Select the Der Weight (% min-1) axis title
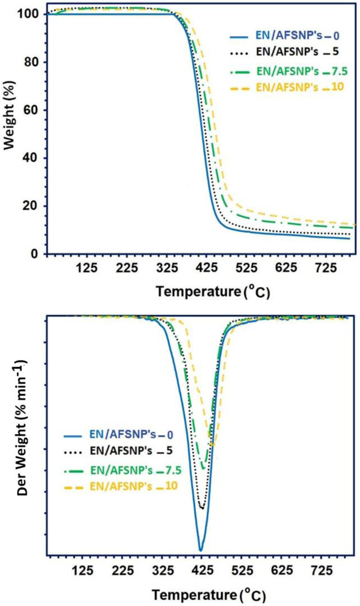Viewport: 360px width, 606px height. tap(23, 428)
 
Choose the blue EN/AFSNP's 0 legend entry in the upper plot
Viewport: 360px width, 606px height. tap(284, 36)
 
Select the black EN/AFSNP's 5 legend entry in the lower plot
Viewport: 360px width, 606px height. tap(118, 451)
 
